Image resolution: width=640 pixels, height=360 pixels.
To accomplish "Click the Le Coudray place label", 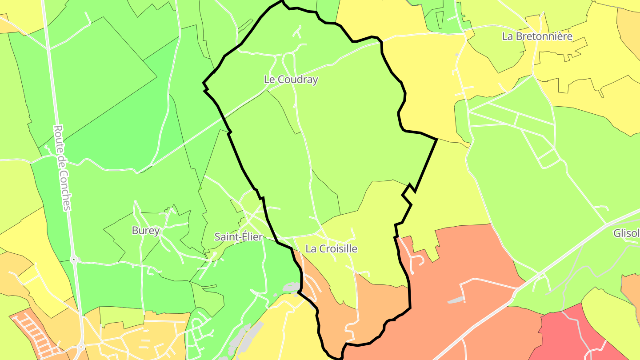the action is coord(291,80).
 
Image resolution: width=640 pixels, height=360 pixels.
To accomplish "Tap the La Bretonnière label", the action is coord(537,36).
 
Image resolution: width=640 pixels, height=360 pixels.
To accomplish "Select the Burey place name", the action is coord(145,231).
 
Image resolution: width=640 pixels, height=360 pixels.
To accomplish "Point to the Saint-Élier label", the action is coord(239,237).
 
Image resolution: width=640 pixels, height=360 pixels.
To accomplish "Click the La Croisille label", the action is coord(331,249).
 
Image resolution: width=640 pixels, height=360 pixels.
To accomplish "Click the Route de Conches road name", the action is coord(62,167).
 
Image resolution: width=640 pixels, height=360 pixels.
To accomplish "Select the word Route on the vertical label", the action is coord(58,137).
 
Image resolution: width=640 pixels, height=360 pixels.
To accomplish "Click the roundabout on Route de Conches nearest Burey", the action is coord(73,259).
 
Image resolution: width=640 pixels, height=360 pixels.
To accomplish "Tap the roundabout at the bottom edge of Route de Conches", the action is coord(80,347).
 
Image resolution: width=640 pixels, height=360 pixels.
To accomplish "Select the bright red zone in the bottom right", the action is coord(573,333).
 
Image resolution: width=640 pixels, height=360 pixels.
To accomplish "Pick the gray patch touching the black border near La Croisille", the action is coord(291,288).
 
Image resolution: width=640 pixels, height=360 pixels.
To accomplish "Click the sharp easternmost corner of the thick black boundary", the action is coord(437,140).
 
